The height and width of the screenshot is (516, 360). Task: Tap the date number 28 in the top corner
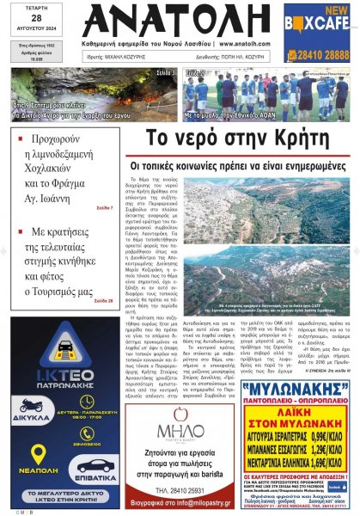[x=34, y=19]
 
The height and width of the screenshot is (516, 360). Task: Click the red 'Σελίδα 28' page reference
[x=103, y=300]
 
